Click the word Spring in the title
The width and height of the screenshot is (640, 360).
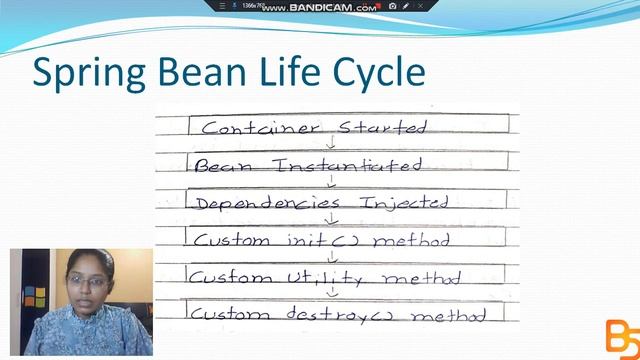tap(89, 74)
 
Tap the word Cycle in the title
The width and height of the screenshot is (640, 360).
tap(374, 74)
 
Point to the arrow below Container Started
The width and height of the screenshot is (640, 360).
tap(330, 143)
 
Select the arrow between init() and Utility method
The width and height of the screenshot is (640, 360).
tap(332, 257)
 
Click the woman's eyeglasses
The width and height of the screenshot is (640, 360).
tap(88, 282)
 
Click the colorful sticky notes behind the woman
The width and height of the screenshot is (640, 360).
tap(34, 296)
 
